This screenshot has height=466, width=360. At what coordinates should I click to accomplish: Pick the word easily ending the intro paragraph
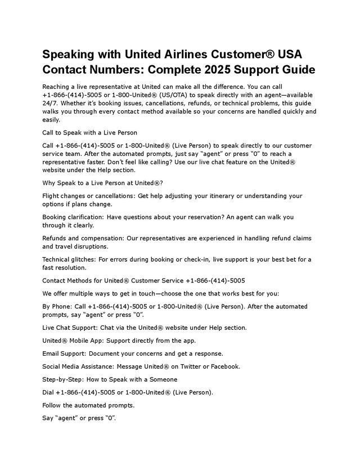click(51, 119)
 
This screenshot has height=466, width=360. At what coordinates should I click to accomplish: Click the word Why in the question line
click(49, 182)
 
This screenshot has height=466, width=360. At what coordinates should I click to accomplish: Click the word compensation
click(97, 238)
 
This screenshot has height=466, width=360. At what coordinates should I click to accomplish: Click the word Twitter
click(186, 366)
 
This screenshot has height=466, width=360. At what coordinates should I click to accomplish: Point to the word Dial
click(49, 392)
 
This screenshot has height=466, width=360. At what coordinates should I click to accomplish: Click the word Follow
click(52, 405)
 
